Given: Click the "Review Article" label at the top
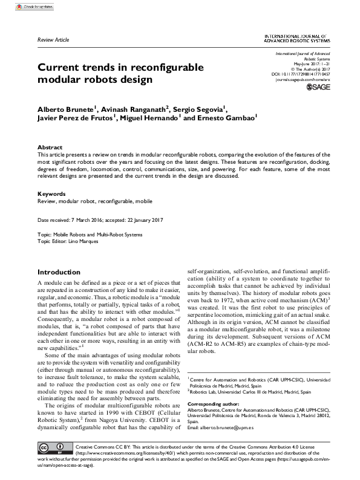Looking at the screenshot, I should click(x=53, y=40).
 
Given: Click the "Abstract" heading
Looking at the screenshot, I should click(x=50, y=148).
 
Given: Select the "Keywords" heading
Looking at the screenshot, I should click(x=51, y=194).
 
